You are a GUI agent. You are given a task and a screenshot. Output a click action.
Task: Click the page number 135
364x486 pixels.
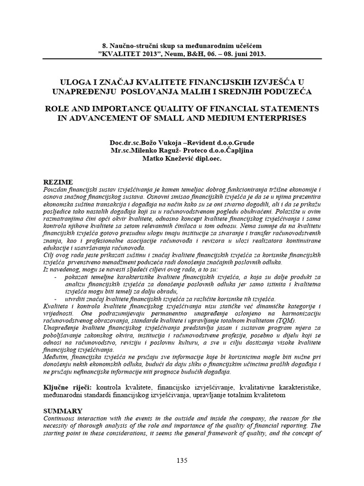click(182, 460)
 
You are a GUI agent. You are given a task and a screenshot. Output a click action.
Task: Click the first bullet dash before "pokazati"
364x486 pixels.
click(57, 277)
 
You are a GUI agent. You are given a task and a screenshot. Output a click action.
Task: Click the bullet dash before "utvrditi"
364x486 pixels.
click(57, 299)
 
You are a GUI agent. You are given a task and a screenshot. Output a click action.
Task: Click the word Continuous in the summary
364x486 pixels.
click(60, 418)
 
